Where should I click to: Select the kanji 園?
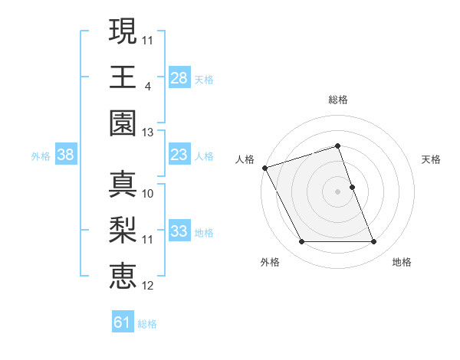pyautogui.click(x=123, y=123)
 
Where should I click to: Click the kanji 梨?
pyautogui.click(x=123, y=231)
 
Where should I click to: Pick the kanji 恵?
pyautogui.click(x=123, y=276)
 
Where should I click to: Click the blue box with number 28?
pyautogui.click(x=179, y=78)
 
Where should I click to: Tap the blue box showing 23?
pyautogui.click(x=179, y=155)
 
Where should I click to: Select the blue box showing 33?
pyautogui.click(x=179, y=231)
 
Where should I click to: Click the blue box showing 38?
pyautogui.click(x=65, y=155)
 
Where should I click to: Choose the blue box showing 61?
pyautogui.click(x=123, y=323)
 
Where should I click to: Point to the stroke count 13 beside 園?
pyautogui.click(x=148, y=133)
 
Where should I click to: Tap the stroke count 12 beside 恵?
pyautogui.click(x=148, y=286)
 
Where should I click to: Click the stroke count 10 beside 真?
pyautogui.click(x=148, y=194)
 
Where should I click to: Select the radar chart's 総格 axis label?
pyautogui.click(x=337, y=100)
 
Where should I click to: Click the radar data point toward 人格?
pyautogui.click(x=265, y=168)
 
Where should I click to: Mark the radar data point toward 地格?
pyautogui.click(x=373, y=242)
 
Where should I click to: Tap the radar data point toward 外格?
pyautogui.click(x=301, y=242)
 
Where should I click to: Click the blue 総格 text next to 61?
pyautogui.click(x=147, y=324)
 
